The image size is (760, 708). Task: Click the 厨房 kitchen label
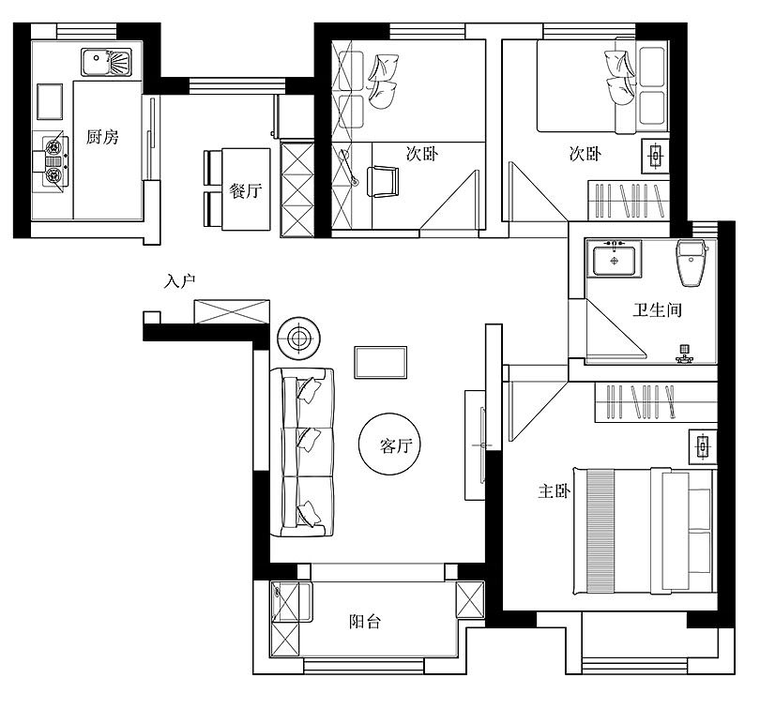pyautogui.click(x=102, y=137)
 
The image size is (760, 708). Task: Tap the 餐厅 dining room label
pyautogui.click(x=246, y=190)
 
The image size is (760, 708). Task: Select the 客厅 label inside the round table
pyautogui.click(x=396, y=445)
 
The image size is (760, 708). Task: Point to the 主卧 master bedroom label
pyautogui.click(x=555, y=491)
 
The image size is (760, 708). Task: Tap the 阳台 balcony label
pyautogui.click(x=365, y=622)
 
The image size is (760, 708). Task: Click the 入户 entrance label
pyautogui.click(x=180, y=281)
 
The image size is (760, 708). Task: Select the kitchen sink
pyautogui.click(x=106, y=62)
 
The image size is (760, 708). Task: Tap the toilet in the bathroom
pyautogui.click(x=692, y=263)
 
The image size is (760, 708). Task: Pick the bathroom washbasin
pyautogui.click(x=615, y=259)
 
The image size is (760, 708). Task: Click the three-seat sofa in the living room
pyautogui.click(x=302, y=452)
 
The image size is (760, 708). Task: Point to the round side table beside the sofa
pyautogui.click(x=298, y=338)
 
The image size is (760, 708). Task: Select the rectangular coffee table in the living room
pyautogui.click(x=381, y=362)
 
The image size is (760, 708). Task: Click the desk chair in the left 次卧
pyautogui.click(x=383, y=182)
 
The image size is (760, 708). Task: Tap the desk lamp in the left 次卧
pyautogui.click(x=349, y=167)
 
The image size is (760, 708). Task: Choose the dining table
pyautogui.click(x=246, y=188)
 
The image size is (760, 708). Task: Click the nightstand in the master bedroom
pyautogui.click(x=703, y=446)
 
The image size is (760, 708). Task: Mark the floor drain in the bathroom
pyautogui.click(x=684, y=349)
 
